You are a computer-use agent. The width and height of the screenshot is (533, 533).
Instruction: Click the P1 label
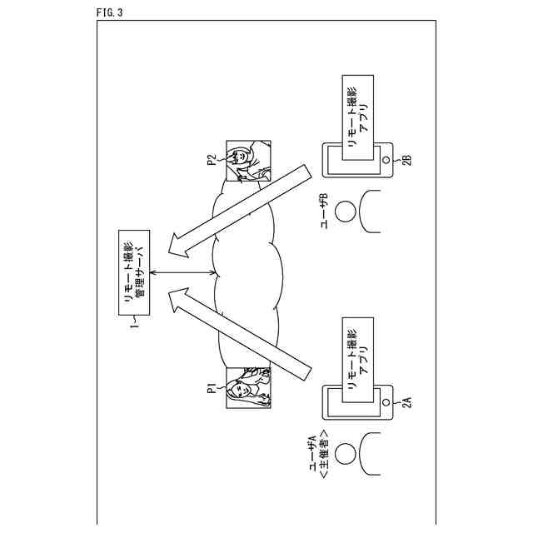point(213,387)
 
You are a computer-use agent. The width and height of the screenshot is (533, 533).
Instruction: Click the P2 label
point(213,158)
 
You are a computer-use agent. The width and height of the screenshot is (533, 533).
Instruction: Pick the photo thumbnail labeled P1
point(248,387)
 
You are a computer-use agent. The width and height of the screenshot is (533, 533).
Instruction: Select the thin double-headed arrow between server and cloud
point(183,276)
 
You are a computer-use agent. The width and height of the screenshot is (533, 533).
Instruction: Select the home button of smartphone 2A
point(386,401)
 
